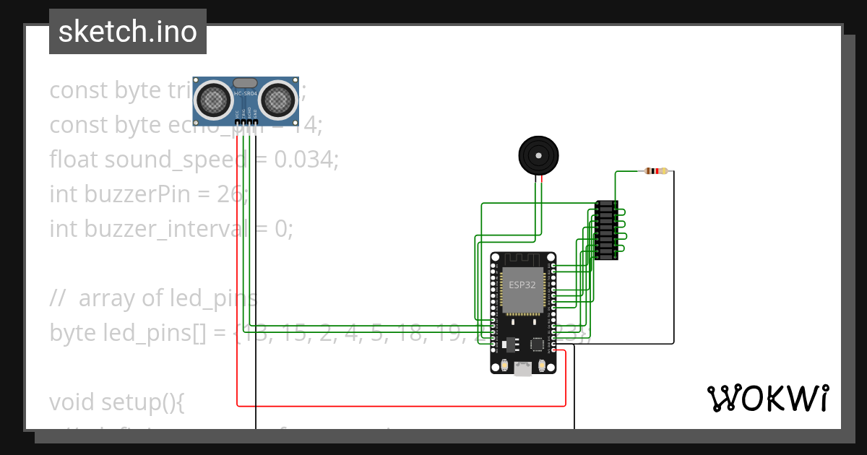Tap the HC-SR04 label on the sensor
click(245, 94)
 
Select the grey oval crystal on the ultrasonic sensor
click(245, 83)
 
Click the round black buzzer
click(539, 155)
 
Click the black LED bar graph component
click(606, 230)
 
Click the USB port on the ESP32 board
click(522, 369)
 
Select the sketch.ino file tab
click(128, 32)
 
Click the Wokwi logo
click(767, 398)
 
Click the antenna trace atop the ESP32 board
click(522, 258)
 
